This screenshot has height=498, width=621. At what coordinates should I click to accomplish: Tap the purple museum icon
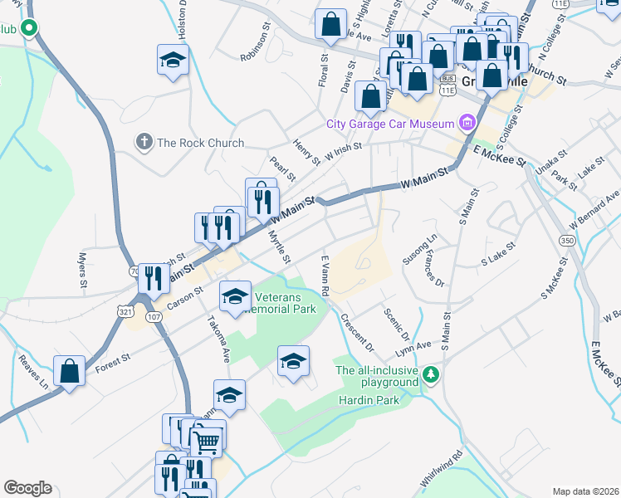[x=467, y=124]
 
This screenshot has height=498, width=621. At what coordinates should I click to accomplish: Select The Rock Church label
[x=200, y=143]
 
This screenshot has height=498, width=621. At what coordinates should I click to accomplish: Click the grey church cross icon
[x=144, y=143]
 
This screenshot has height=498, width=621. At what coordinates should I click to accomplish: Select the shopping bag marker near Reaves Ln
[x=70, y=371]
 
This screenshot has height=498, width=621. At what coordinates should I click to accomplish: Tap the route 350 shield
[x=567, y=240]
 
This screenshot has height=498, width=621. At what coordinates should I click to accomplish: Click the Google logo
[x=27, y=488]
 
